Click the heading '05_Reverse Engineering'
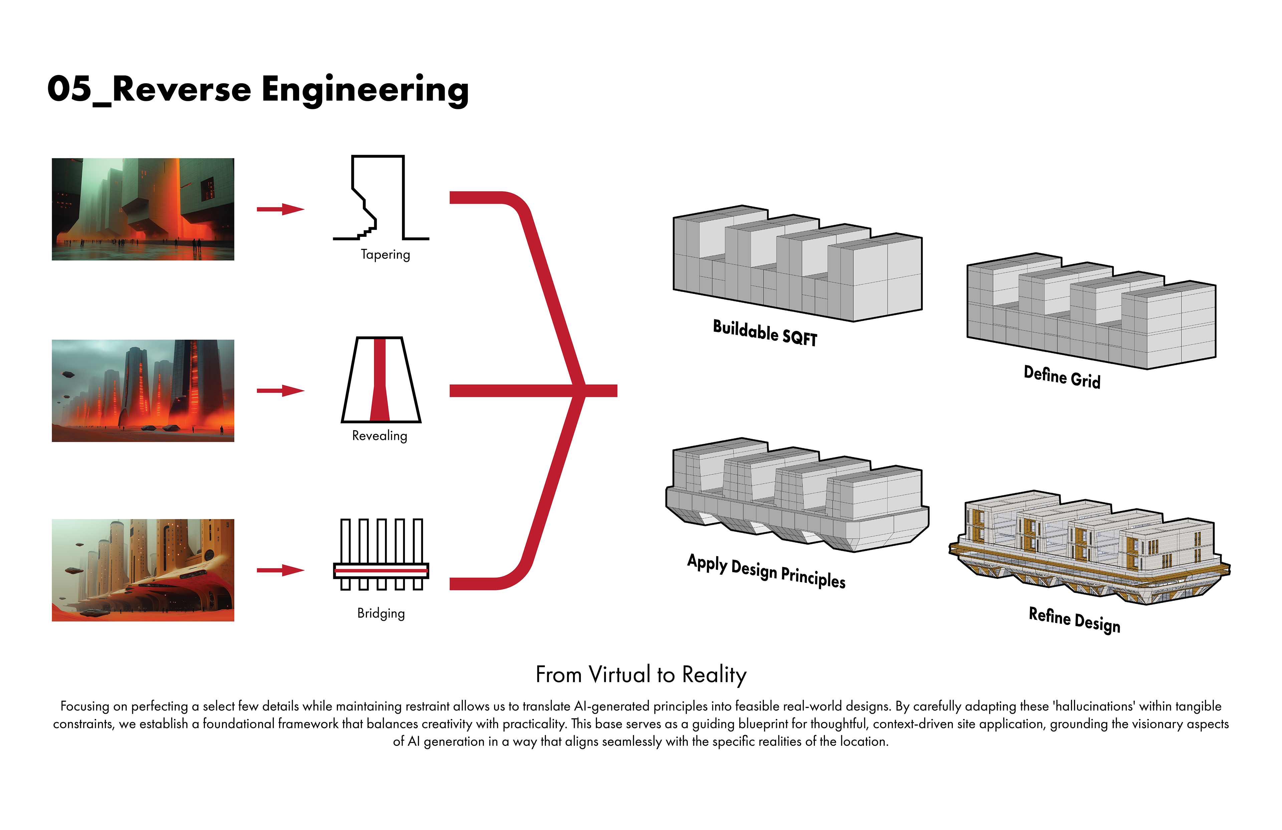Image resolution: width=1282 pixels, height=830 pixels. coord(258,90)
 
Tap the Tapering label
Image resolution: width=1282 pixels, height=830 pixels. coord(385,255)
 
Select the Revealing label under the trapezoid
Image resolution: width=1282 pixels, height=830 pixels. coord(380,436)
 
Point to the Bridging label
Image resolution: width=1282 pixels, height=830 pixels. coord(381,613)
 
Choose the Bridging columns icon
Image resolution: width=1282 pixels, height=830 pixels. coord(381,554)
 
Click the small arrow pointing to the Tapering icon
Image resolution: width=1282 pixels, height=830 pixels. coord(281,209)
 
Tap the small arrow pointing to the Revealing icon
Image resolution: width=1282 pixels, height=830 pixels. coord(281,391)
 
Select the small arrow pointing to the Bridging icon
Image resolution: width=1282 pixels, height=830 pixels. coord(281,570)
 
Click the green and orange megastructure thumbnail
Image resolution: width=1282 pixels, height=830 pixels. coord(143,209)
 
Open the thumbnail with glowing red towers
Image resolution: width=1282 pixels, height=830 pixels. coord(143,391)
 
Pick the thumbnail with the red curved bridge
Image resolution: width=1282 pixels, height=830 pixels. coord(143,570)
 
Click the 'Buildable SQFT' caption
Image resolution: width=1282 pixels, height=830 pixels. coord(765,333)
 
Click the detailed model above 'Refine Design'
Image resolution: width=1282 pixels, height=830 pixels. coord(1089,547)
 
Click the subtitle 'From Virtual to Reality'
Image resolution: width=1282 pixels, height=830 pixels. coord(641,675)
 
